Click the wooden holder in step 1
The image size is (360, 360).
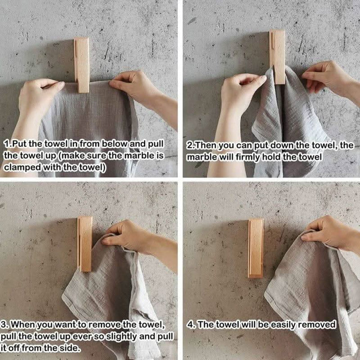click(81, 65)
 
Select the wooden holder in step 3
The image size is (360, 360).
click(84, 244)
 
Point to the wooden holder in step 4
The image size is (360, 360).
click(256, 248)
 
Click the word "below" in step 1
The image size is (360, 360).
click(114, 144)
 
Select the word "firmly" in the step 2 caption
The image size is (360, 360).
click(248, 157)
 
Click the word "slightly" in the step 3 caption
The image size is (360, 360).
click(118, 337)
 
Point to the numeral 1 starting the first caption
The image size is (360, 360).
click(6, 144)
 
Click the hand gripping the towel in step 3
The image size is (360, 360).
click(128, 236)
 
